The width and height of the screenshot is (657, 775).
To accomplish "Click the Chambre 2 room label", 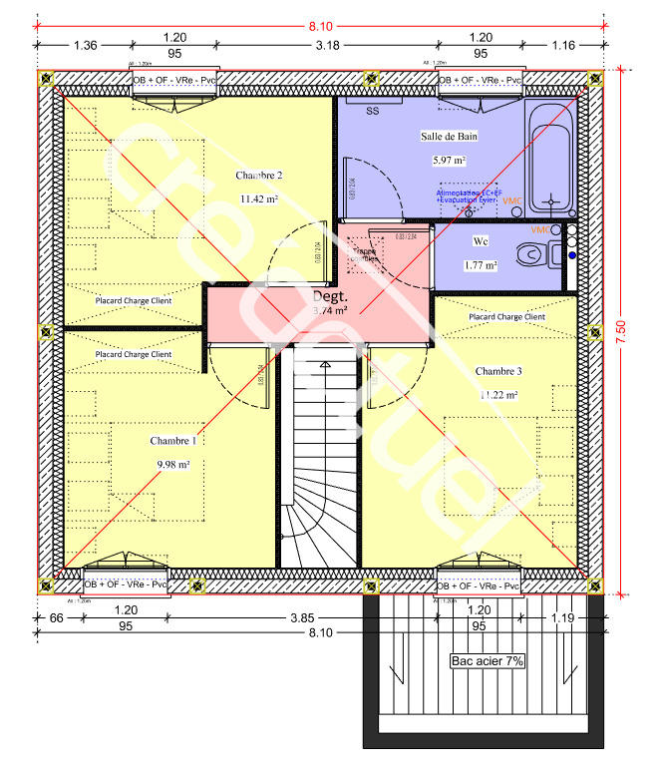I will [259, 176].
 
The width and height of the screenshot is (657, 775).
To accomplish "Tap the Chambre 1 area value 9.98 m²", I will [172, 464].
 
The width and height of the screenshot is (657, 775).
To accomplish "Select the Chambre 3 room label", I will [497, 371].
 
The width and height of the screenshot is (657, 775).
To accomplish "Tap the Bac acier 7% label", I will [488, 660].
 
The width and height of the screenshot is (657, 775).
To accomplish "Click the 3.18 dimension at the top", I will [325, 45].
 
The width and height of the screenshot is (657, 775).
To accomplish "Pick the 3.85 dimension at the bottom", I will [301, 618].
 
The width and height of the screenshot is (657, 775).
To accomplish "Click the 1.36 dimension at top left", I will [86, 45].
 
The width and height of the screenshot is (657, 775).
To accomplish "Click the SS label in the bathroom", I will [372, 111].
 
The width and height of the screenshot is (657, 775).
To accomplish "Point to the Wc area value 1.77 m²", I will [481, 265].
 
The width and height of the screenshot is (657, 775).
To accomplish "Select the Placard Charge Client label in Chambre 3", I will [506, 317].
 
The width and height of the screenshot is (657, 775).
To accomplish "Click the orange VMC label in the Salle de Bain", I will [512, 200].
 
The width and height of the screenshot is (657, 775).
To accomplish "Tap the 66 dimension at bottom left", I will [57, 618].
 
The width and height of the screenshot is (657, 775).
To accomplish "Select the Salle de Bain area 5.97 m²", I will [451, 160].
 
